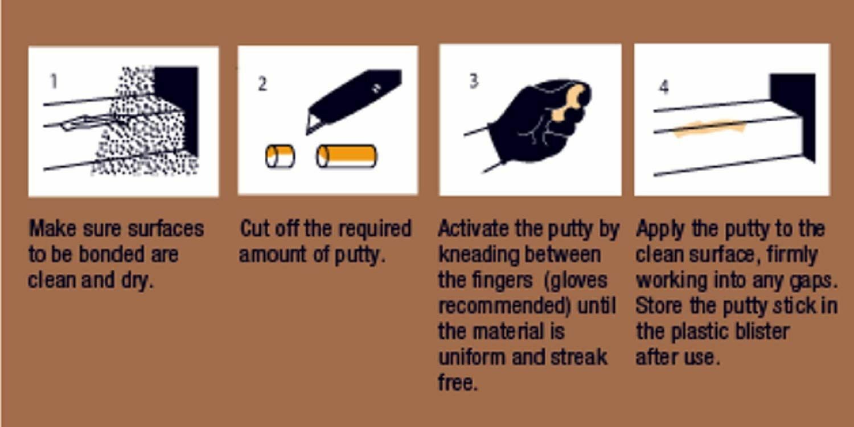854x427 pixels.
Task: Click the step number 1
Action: pyautogui.click(x=54, y=81)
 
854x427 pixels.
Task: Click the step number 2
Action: pyautogui.click(x=262, y=84)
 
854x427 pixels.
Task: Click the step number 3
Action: pyautogui.click(x=473, y=81)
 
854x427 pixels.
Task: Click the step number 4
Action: pyautogui.click(x=664, y=87)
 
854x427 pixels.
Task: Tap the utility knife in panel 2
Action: pyautogui.click(x=353, y=100)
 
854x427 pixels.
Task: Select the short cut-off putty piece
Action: pyautogui.click(x=280, y=156)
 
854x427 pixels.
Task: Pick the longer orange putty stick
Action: pyautogui.click(x=346, y=156)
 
